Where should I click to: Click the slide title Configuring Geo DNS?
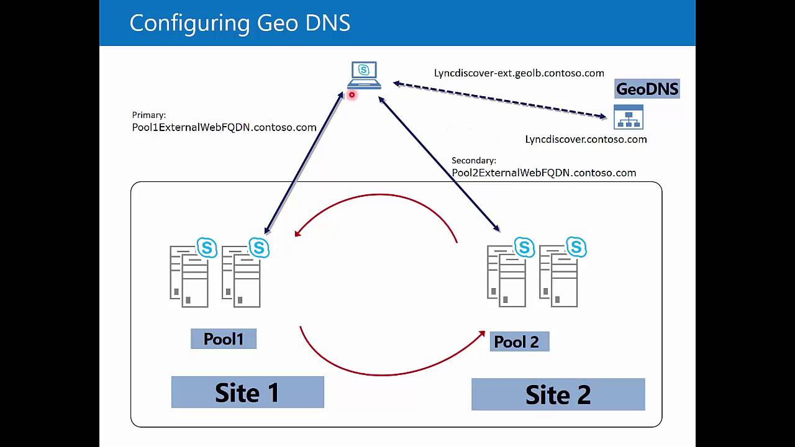click(240, 23)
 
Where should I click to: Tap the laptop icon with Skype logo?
click(364, 75)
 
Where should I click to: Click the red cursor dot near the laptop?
click(352, 95)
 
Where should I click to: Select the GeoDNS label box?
click(647, 89)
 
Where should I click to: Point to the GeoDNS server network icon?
click(628, 117)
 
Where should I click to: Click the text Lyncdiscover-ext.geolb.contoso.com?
click(519, 73)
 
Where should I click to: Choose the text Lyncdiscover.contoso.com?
click(586, 139)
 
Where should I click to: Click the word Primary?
click(148, 115)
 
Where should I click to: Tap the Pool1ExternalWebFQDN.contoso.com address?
click(224, 127)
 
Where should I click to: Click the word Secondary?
click(473, 160)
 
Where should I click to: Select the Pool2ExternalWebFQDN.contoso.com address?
click(543, 173)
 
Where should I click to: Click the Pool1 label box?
click(224, 339)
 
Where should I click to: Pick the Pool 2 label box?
click(519, 341)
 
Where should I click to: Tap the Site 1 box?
click(247, 392)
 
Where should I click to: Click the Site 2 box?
click(558, 394)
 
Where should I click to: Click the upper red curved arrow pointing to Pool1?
click(379, 196)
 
